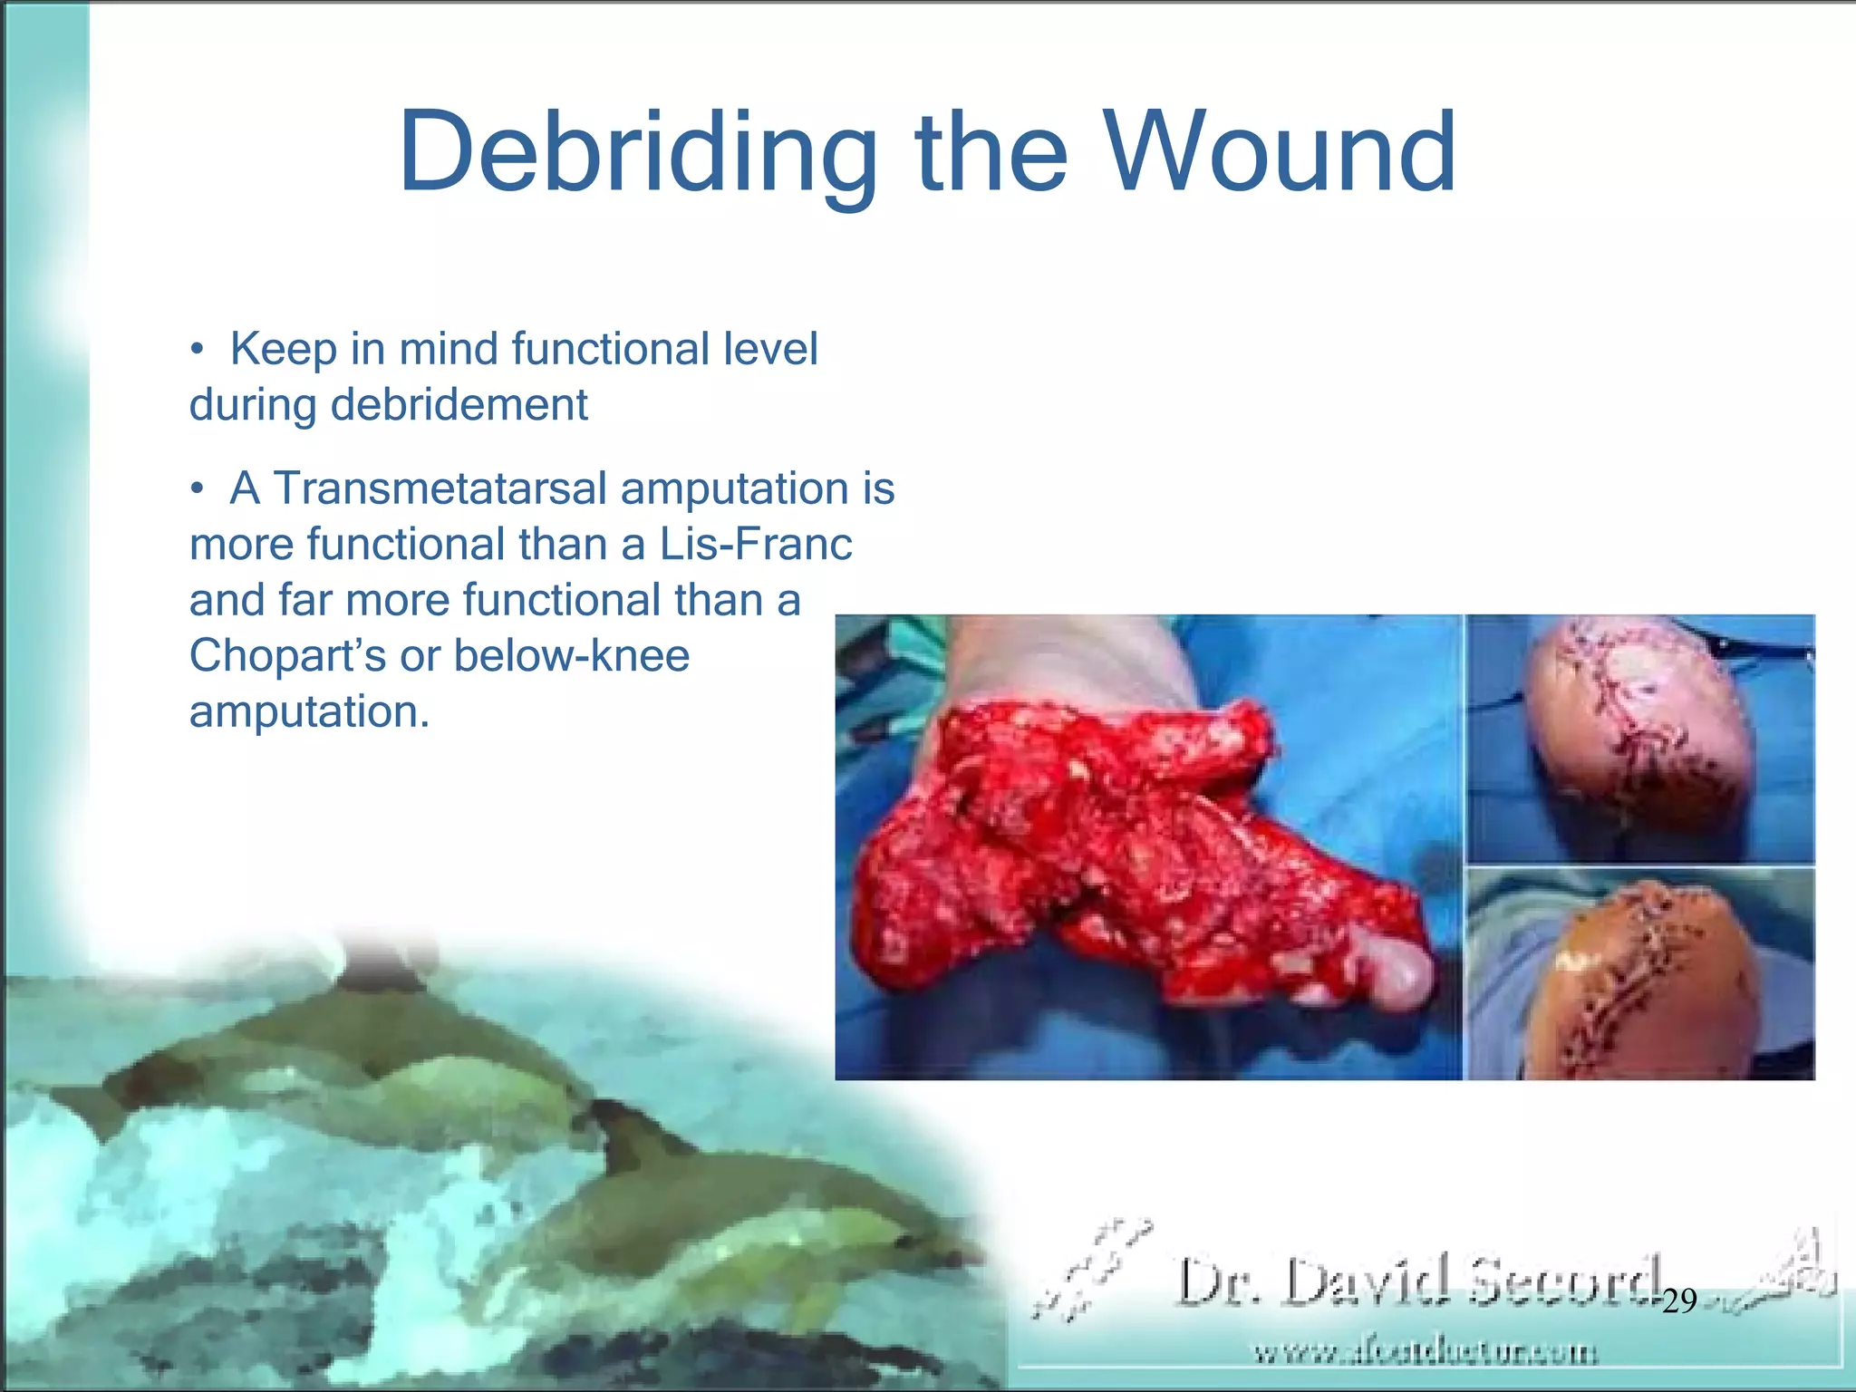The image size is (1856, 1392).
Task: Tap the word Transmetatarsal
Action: [x=440, y=488]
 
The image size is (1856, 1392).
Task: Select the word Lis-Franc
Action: [x=755, y=545]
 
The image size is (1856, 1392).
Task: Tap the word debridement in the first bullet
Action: [x=459, y=405]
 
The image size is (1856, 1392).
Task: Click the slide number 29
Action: [x=1679, y=1301]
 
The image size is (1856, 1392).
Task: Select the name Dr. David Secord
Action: [x=1418, y=1281]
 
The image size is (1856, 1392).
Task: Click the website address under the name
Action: [x=1425, y=1353]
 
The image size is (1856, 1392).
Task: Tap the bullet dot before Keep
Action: [x=197, y=351]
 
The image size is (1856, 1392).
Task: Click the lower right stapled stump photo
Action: [x=1638, y=974]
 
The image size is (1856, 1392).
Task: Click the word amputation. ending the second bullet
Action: [x=309, y=712]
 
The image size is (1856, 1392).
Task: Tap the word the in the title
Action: [x=991, y=152]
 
